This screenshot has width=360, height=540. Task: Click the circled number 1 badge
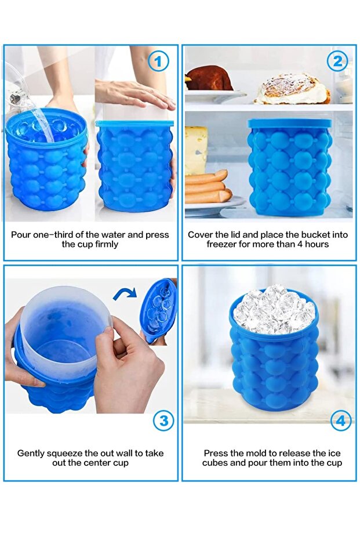(158, 61)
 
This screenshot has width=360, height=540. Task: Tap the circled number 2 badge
(337, 61)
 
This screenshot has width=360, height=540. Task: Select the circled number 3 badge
(163, 421)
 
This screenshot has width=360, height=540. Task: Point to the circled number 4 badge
(341, 421)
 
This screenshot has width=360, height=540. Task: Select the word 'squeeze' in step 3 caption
(66, 454)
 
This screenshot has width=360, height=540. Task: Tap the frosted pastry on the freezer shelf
(292, 89)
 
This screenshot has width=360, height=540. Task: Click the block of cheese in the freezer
(196, 150)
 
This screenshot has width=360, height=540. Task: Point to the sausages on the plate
(207, 187)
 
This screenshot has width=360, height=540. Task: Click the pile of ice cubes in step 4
(274, 309)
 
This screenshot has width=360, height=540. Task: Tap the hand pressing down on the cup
(135, 93)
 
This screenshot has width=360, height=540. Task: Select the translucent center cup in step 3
(63, 331)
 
